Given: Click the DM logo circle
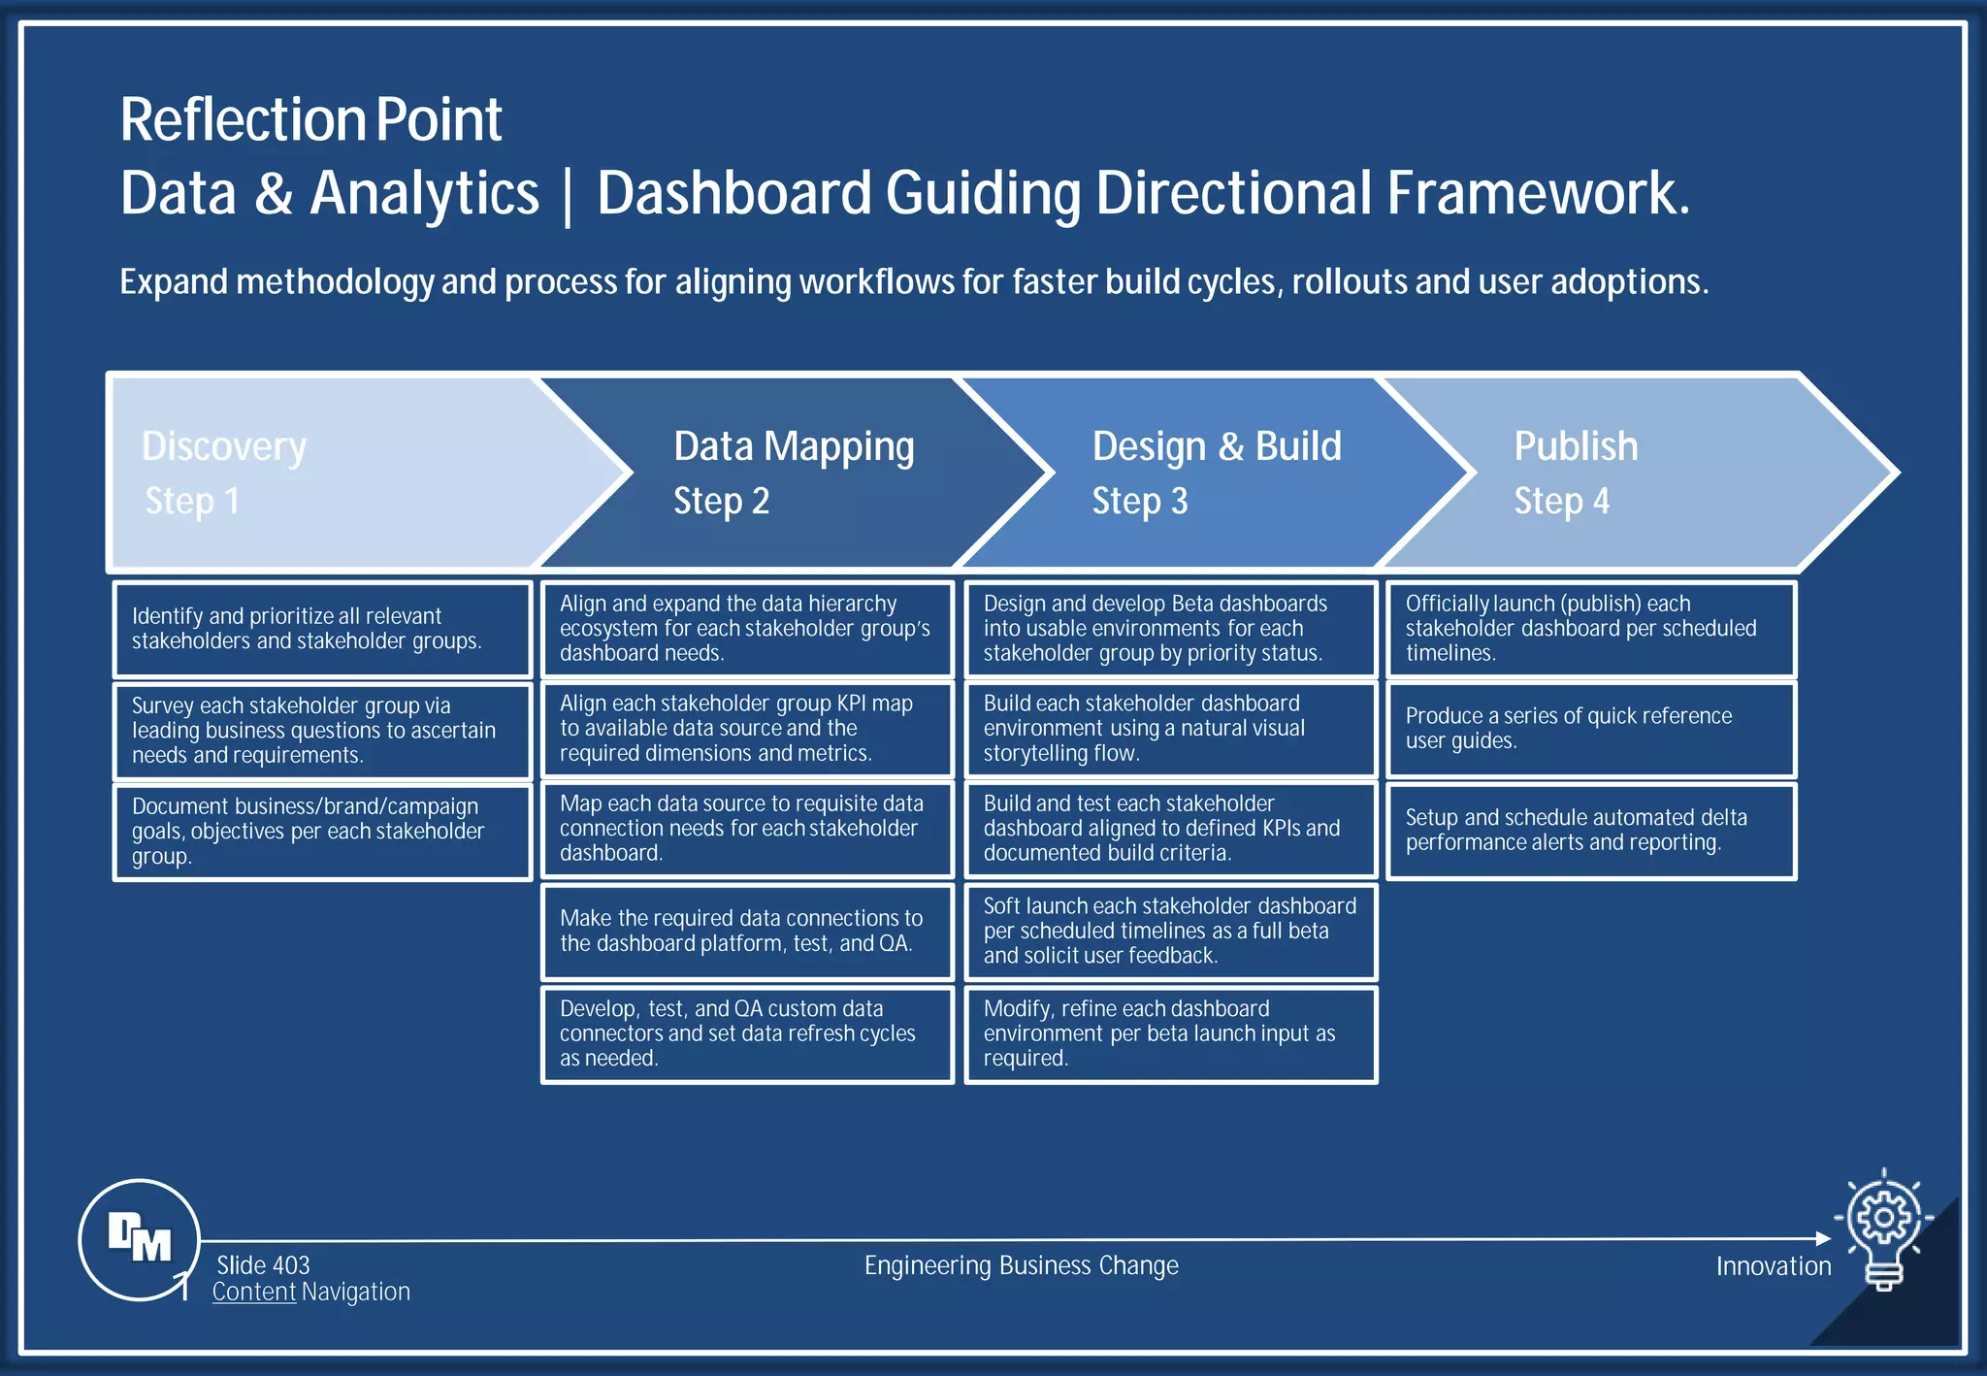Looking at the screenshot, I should coord(139,1239).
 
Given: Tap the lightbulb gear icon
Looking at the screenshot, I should coord(1883,1227).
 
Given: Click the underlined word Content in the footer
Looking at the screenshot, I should coord(254,1292).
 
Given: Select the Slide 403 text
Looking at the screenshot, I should coord(263,1265).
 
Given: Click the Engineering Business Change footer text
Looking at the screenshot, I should coord(1021,1265).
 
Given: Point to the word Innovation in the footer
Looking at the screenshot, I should coord(1773,1266).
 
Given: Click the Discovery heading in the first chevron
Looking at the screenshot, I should coord(224,446).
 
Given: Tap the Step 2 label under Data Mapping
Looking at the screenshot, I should coord(721,501).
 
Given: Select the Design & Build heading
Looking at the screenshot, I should coord(1217,446).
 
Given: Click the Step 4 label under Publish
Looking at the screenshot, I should coord(1561,501).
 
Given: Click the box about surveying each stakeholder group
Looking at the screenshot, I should coord(322,731).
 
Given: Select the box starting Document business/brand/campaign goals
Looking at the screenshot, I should coord(322,832).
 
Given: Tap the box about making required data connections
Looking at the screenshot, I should coord(747,931).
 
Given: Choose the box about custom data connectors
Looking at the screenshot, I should coord(747,1033).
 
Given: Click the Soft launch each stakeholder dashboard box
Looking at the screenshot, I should coord(1170,931).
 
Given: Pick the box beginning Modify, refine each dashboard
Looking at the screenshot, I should coord(1170,1033).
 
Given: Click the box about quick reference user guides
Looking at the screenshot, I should coord(1591,729).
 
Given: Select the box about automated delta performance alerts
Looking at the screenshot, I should coord(1591,831).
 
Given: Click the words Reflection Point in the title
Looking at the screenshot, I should coord(310,120).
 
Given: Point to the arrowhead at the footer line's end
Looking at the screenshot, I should coord(1823,1238).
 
